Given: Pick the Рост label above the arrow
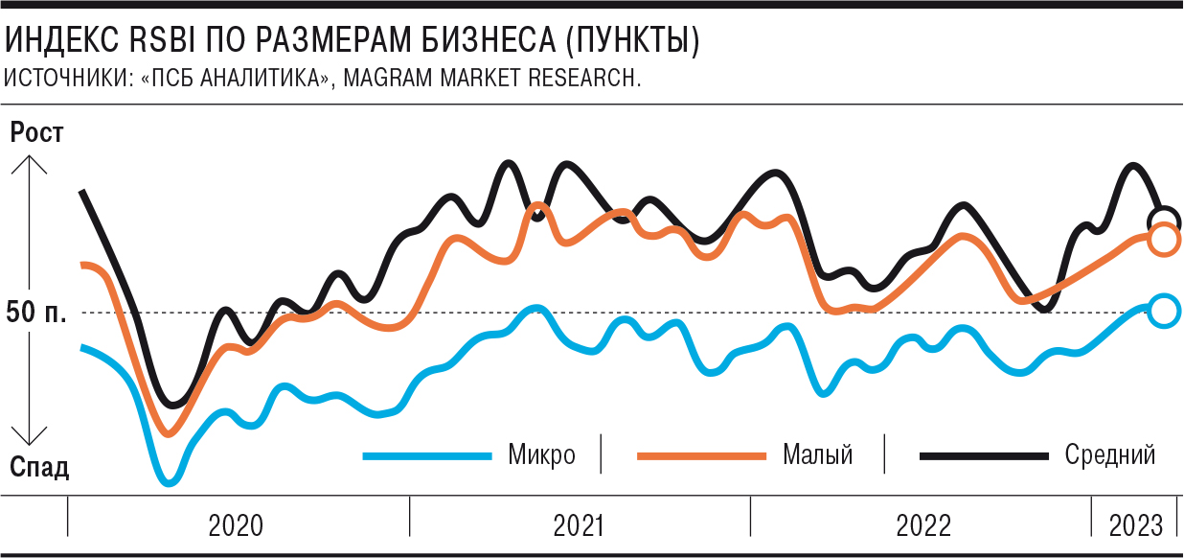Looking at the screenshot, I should click(x=36, y=133).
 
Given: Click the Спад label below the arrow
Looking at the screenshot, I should click(x=39, y=467).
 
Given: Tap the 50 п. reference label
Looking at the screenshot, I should click(x=36, y=312).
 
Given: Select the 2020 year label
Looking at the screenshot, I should click(x=236, y=525).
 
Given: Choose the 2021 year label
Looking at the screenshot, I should click(x=579, y=525).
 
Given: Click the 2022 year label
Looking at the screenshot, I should click(x=923, y=525).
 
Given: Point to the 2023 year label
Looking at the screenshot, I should click(x=1136, y=525).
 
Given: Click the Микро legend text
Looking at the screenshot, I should click(x=542, y=454).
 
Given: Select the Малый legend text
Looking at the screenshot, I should click(x=817, y=454).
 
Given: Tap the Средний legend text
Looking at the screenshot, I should click(x=1110, y=454).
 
